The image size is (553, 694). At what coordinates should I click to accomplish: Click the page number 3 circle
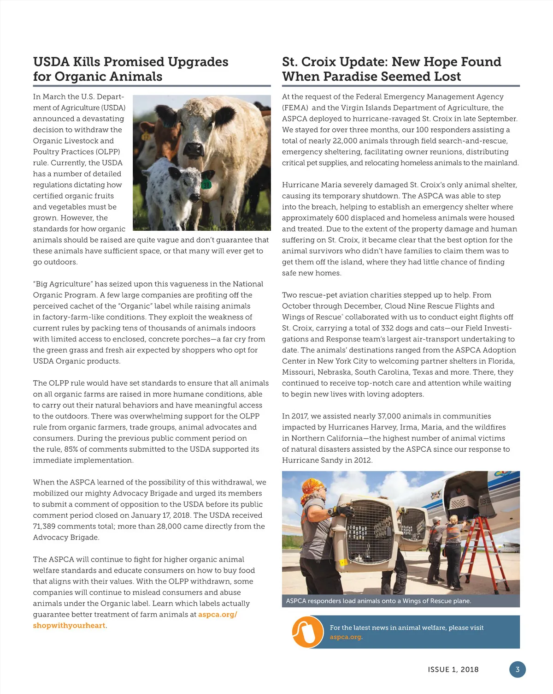click(517, 670)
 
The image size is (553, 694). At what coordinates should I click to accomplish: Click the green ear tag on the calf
click(206, 184)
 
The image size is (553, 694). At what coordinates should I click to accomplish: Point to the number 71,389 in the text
click(47, 526)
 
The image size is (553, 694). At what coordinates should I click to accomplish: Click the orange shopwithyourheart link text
click(69, 626)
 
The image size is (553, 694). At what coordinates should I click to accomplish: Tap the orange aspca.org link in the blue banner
click(345, 637)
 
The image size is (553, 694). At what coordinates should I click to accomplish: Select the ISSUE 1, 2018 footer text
click(453, 670)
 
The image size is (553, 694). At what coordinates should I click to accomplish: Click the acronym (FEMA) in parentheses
click(295, 108)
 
